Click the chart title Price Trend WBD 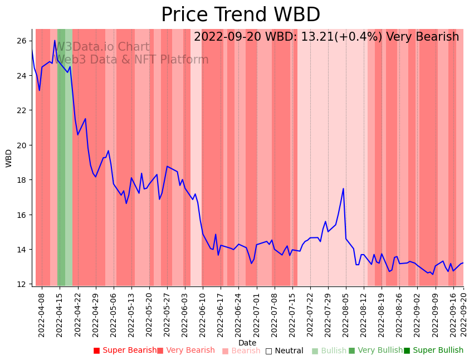(241, 15)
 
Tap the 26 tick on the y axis (21, 41)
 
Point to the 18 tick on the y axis (21, 180)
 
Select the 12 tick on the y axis (21, 284)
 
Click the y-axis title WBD (9, 158)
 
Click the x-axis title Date (247, 343)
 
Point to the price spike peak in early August (343, 188)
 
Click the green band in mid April (61, 167)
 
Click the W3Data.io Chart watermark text (102, 47)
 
